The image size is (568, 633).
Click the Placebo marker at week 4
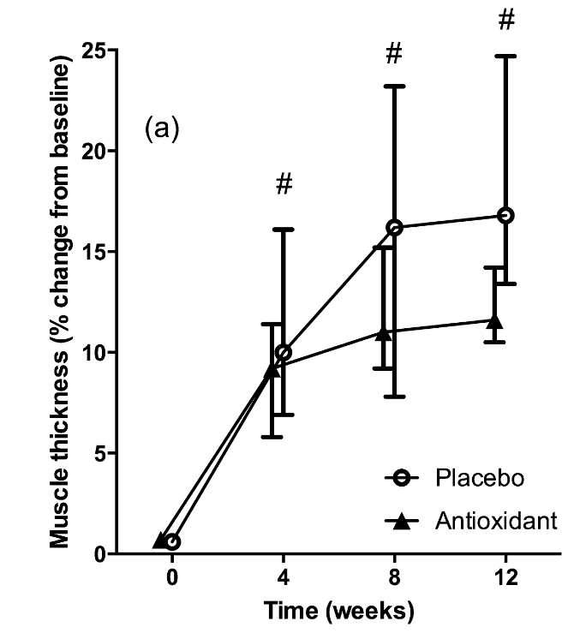click(x=284, y=352)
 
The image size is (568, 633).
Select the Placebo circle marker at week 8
click(x=394, y=228)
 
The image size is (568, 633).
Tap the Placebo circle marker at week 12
click(x=505, y=215)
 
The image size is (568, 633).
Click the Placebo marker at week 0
click(x=172, y=541)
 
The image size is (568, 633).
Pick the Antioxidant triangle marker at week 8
click(x=384, y=333)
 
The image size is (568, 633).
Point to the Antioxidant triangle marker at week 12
click(x=494, y=321)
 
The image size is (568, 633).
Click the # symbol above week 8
click(x=394, y=55)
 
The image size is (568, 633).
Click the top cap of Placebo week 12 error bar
click(x=505, y=56)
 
